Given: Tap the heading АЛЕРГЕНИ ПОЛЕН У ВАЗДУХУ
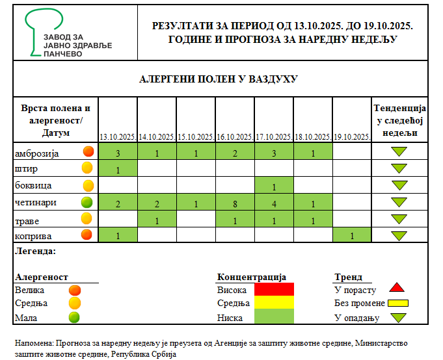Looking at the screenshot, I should click(219, 79).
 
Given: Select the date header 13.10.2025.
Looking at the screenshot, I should click(117, 137).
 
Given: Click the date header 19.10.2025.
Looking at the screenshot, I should click(351, 137).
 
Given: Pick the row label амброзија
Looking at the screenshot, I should click(37, 153).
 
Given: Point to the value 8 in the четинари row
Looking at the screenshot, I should click(235, 203).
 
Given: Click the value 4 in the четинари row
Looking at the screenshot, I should click(274, 203).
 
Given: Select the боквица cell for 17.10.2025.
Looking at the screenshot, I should click(274, 186).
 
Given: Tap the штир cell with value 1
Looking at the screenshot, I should click(118, 170).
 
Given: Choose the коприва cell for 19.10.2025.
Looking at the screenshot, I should click(351, 235).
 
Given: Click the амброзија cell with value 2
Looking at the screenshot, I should click(235, 153).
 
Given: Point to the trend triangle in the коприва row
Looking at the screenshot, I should click(399, 235).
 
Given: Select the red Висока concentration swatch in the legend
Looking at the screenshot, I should click(275, 289).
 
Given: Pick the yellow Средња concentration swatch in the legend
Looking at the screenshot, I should click(275, 303).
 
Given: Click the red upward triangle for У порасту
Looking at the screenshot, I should click(398, 288).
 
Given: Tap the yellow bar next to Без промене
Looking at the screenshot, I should click(398, 303).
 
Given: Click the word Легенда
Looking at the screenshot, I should click(36, 250).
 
